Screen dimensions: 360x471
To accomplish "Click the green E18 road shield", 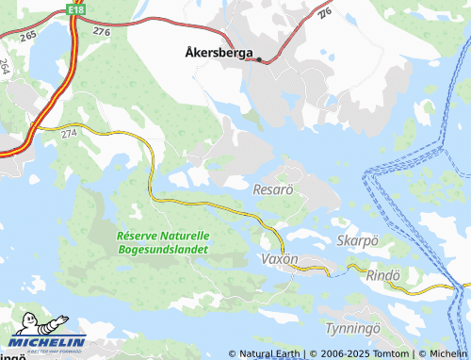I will [76, 8].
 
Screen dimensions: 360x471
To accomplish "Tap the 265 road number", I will [28, 34].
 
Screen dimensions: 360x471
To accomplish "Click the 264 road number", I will [6, 67].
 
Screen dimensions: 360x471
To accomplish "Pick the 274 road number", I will [68, 135].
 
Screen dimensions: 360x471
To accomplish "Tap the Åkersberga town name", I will [215, 54].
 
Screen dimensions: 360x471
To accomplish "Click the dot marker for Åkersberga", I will [259, 58].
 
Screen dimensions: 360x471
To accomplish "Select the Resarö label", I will [274, 189].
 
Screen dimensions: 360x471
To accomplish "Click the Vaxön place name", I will [280, 258].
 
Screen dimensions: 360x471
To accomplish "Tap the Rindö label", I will [382, 275].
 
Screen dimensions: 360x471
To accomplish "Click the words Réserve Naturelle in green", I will [162, 236].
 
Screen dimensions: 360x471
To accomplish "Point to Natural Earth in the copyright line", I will [269, 354].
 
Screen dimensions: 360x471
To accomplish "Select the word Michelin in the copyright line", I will [447, 354].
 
